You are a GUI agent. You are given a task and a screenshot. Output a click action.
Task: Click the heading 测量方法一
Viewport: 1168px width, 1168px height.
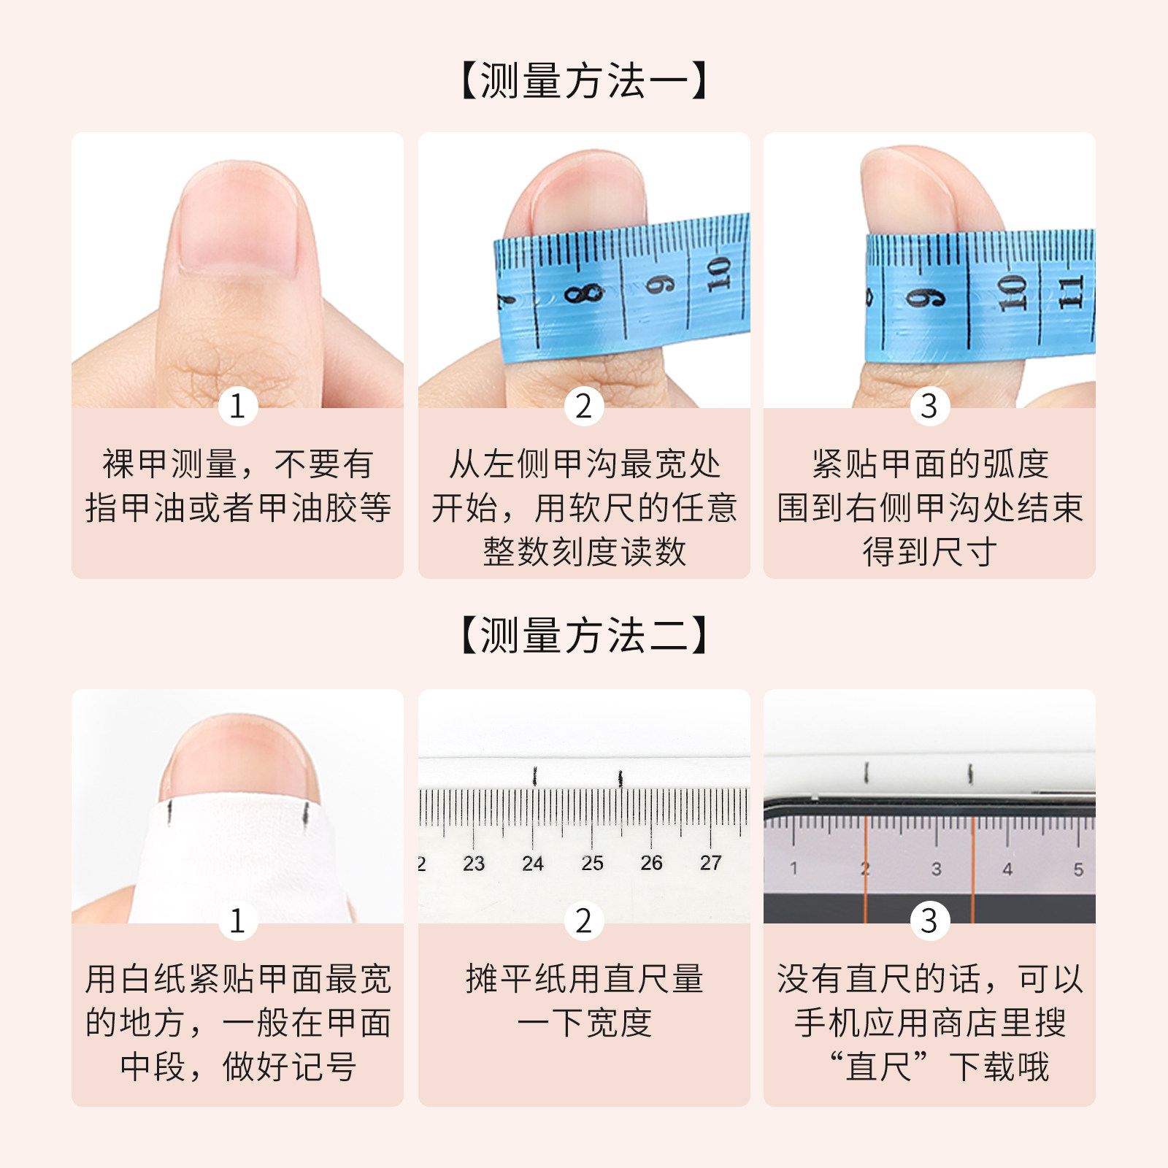click(584, 80)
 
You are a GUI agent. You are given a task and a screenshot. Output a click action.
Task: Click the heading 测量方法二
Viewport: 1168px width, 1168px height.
click(584, 635)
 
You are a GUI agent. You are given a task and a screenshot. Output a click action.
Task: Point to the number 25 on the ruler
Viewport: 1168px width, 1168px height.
click(592, 864)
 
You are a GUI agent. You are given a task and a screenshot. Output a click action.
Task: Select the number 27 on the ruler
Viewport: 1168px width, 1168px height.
click(710, 863)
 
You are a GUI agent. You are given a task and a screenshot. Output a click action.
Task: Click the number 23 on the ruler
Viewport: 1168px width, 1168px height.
click(474, 864)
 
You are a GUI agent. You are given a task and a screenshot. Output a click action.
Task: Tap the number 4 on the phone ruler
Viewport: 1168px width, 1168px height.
click(1007, 869)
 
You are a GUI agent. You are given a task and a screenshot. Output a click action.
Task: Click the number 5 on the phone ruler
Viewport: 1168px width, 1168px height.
click(1078, 869)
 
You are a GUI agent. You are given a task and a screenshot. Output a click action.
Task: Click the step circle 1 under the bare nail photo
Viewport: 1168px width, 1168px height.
click(237, 406)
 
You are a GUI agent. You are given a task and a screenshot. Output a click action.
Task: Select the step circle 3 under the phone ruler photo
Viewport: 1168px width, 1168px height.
click(929, 921)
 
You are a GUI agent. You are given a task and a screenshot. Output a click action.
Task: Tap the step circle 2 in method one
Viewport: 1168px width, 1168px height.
click(583, 406)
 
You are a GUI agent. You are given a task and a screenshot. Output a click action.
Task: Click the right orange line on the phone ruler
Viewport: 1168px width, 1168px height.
click(972, 869)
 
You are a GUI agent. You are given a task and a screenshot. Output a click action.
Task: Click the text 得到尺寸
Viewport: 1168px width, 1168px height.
click(929, 552)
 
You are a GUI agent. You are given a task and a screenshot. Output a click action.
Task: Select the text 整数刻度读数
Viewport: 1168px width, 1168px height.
click(584, 552)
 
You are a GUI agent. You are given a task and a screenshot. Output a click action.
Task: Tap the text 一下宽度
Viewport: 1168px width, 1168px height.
click(584, 1023)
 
